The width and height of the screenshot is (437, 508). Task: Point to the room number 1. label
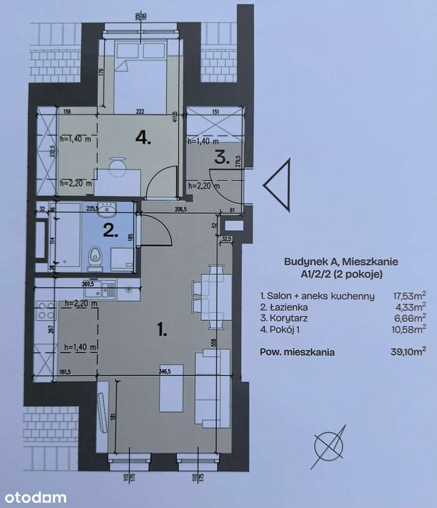click(162, 331)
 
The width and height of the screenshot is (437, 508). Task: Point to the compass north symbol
click(329, 446)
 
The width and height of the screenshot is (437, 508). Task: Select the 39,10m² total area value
click(410, 351)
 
